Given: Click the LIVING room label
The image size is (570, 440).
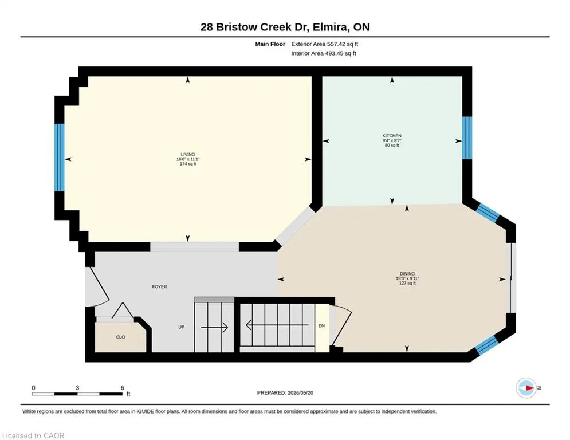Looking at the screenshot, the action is click(x=188, y=154).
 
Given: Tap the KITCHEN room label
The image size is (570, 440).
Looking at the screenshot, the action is click(x=392, y=136).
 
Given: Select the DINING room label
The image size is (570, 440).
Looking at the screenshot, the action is click(x=407, y=273).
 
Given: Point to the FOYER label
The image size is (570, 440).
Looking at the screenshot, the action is click(x=160, y=286).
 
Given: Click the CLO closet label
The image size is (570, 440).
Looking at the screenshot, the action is click(x=121, y=337).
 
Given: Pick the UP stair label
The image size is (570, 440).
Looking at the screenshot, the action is click(x=182, y=327).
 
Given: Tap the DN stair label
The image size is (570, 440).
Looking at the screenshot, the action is click(x=322, y=326).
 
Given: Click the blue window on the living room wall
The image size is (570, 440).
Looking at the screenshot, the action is click(x=59, y=158).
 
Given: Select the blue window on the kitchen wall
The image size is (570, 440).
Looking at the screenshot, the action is click(x=467, y=138).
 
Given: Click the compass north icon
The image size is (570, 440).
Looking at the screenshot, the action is click(x=526, y=388).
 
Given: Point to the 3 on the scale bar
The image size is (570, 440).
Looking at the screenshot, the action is click(x=77, y=388).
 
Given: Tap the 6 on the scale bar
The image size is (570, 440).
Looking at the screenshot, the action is click(x=122, y=388).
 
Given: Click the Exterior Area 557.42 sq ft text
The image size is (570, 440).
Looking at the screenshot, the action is click(x=325, y=44).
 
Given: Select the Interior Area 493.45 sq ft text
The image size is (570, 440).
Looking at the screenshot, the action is click(x=324, y=53).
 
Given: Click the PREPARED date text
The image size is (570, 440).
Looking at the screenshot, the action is click(x=285, y=392).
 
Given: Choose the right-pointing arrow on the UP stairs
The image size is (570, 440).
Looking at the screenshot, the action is click(x=214, y=327).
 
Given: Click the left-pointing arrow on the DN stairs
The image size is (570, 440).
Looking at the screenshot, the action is click(x=277, y=325).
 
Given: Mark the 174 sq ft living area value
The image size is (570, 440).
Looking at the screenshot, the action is click(x=188, y=164).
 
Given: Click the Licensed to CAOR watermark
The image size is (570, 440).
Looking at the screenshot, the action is click(x=33, y=435).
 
